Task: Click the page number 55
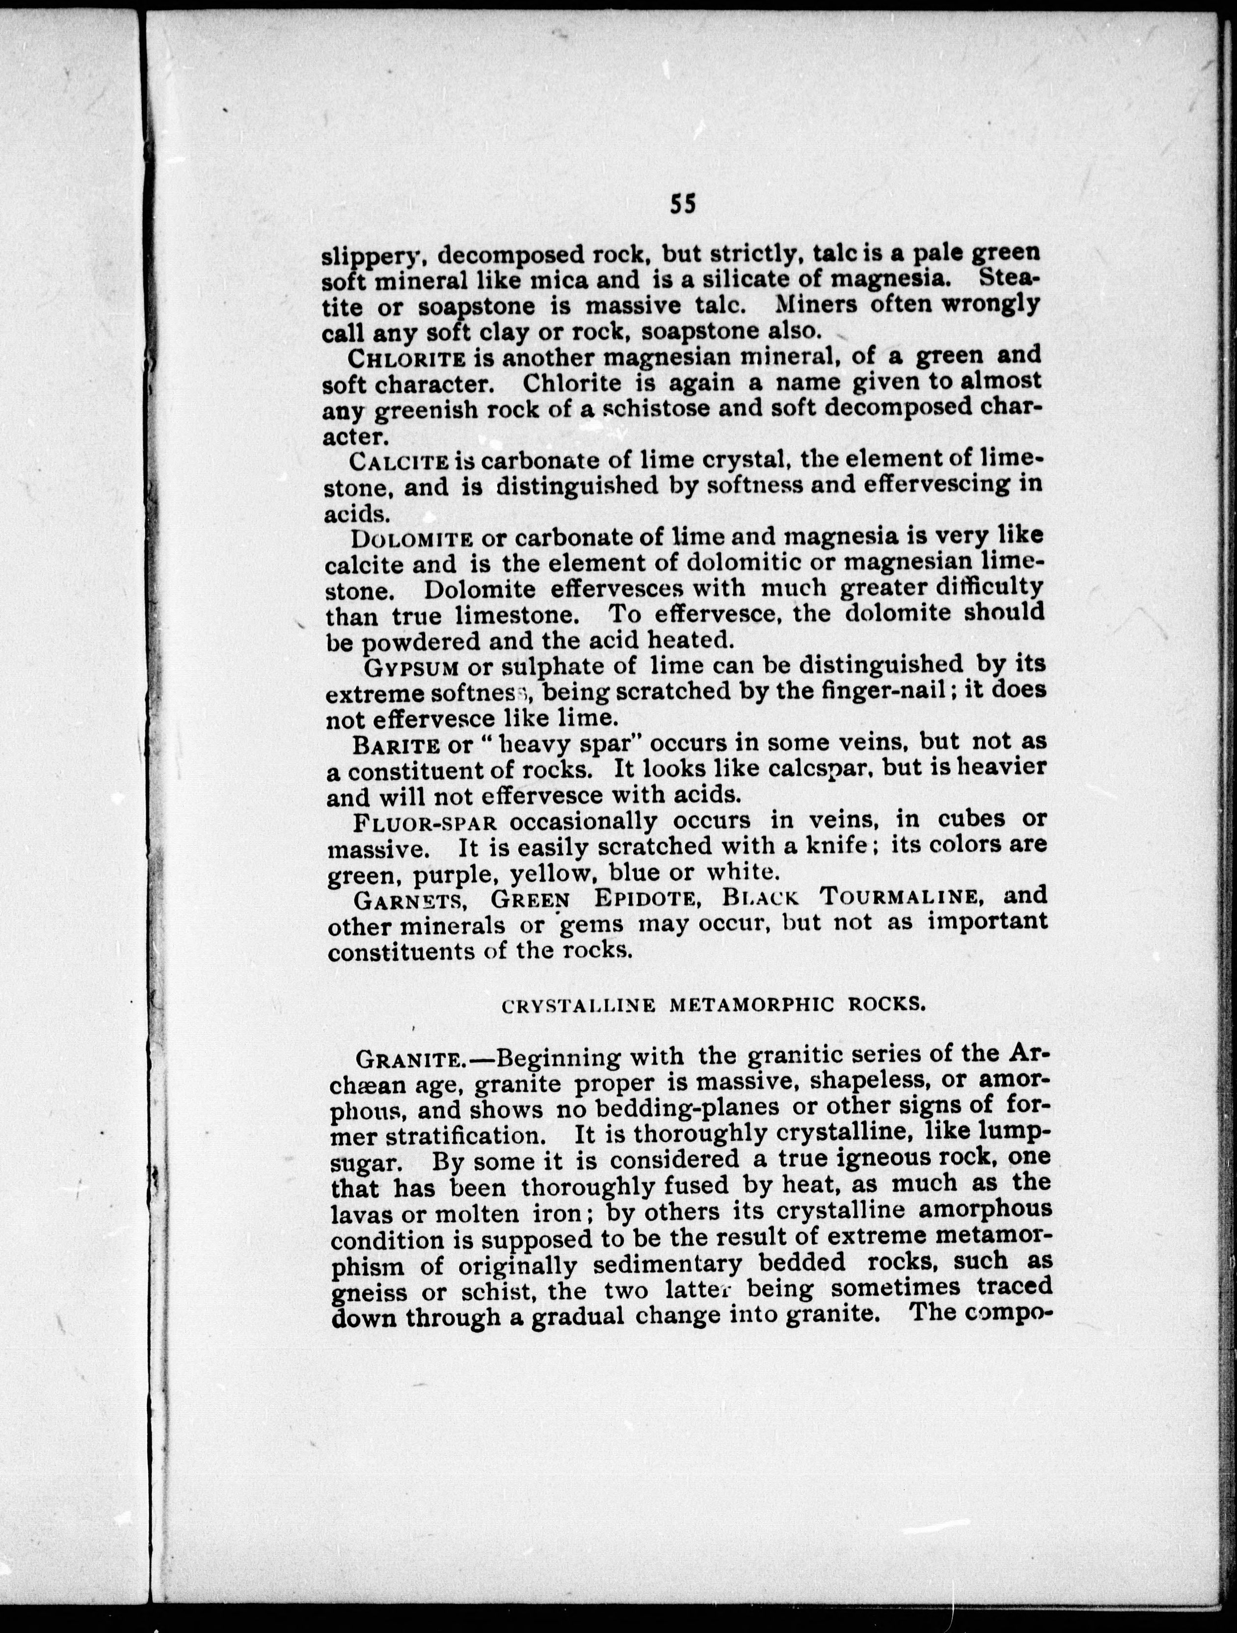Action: pos(683,204)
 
